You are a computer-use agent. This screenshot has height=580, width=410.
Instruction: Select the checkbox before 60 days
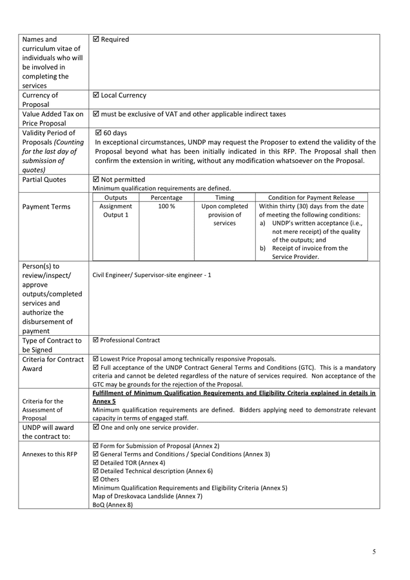(98, 133)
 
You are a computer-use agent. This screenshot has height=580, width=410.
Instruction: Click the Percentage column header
(166, 198)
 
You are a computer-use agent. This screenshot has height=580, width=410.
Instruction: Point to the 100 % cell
(166, 207)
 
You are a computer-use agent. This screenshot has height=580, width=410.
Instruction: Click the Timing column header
(224, 198)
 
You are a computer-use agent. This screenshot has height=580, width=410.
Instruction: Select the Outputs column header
(115, 198)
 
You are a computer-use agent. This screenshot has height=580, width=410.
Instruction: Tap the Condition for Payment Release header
(312, 198)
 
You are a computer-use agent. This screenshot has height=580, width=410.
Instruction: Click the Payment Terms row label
(43, 207)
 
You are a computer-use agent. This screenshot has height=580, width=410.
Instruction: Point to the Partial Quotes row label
(44, 180)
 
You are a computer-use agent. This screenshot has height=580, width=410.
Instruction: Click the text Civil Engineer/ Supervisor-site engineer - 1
(151, 275)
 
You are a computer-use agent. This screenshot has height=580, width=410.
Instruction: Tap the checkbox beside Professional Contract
(96, 340)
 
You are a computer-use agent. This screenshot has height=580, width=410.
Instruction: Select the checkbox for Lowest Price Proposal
(96, 359)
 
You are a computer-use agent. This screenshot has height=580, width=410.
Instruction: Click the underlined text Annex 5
(104, 401)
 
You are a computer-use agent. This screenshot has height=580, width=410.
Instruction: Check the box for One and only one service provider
(96, 427)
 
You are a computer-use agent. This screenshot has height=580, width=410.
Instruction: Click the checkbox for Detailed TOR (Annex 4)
(96, 463)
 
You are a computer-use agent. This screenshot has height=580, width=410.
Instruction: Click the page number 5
(373, 552)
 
